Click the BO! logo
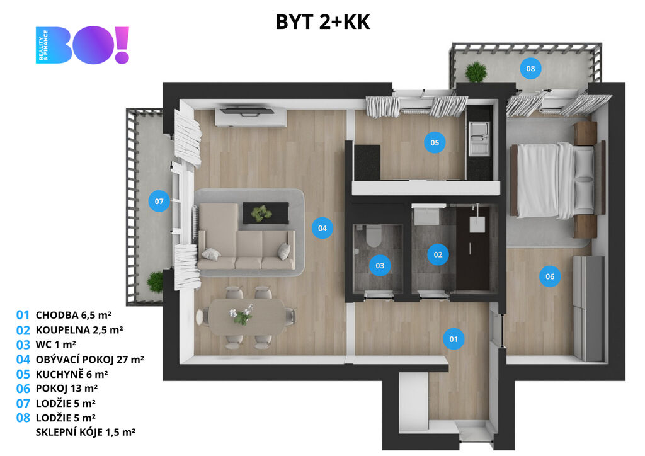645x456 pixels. (x=83, y=45)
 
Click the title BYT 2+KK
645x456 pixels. (x=322, y=22)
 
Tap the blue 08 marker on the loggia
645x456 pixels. (x=530, y=69)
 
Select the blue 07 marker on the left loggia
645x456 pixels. (x=159, y=201)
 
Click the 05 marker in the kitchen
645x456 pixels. (x=435, y=142)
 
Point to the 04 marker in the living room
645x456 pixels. (x=322, y=228)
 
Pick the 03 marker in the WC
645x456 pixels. (x=379, y=266)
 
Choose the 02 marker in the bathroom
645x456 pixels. (x=438, y=254)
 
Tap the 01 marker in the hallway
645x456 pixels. (x=454, y=339)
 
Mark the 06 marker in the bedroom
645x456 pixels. (x=549, y=276)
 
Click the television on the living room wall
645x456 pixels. (x=247, y=111)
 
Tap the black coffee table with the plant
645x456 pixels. (x=265, y=213)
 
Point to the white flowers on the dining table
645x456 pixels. (x=242, y=314)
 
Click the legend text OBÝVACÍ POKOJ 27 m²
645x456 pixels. (x=89, y=360)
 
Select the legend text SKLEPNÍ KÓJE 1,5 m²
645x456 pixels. (x=86, y=432)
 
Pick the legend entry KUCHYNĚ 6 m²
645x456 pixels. (x=72, y=374)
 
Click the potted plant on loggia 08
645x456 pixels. (x=476, y=72)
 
